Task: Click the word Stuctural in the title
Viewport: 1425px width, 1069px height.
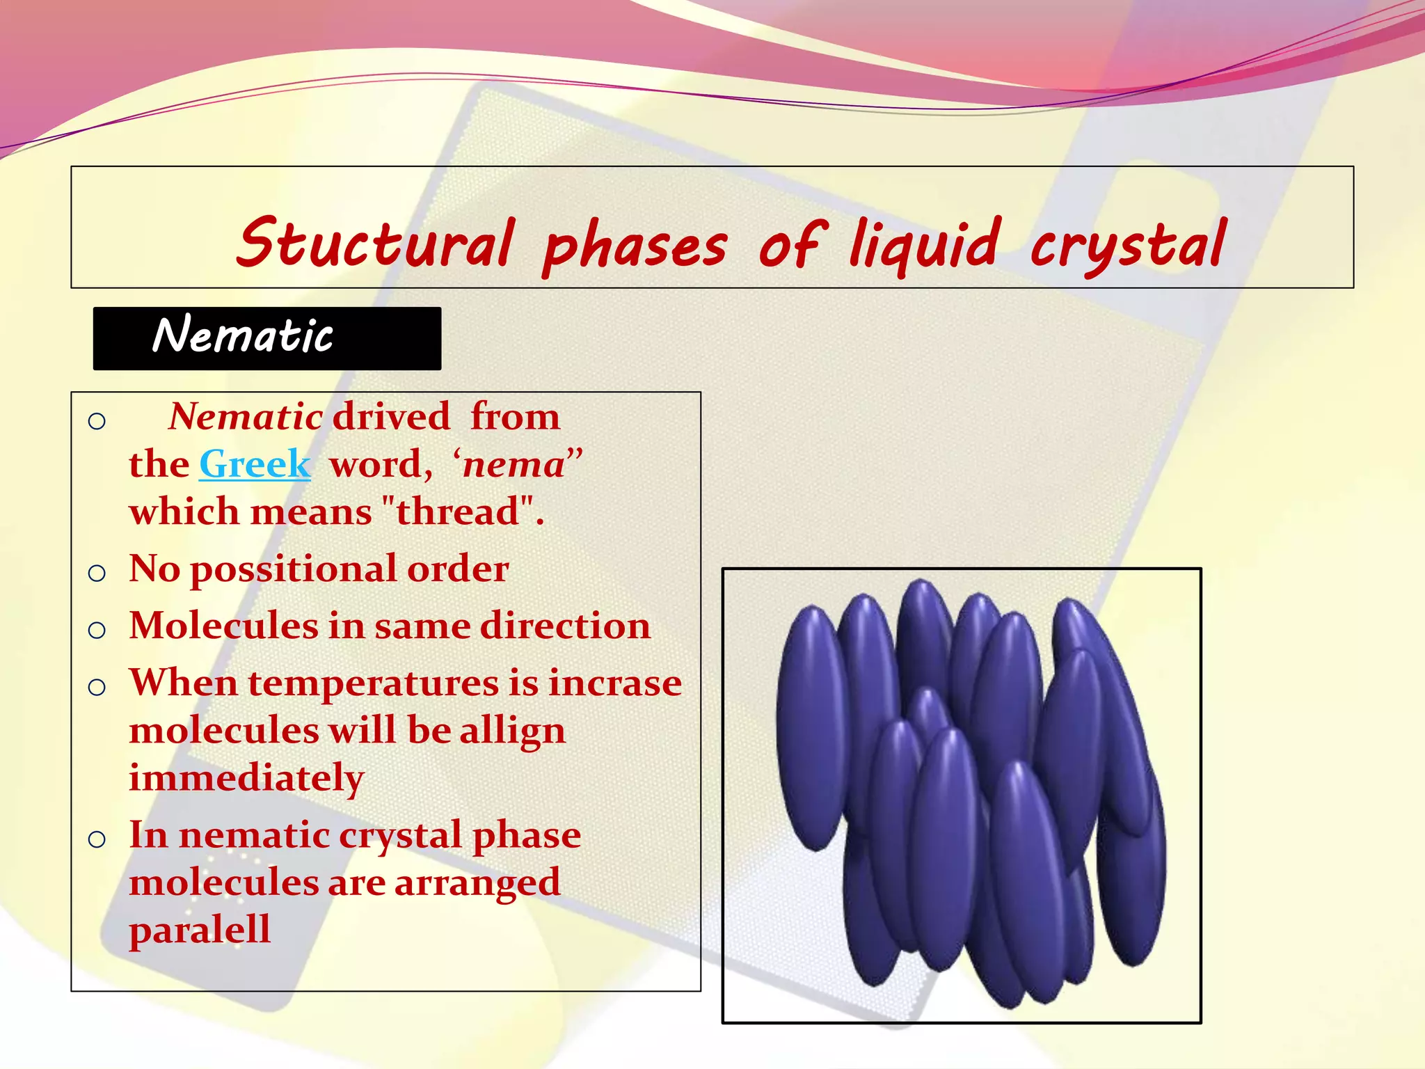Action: tap(376, 244)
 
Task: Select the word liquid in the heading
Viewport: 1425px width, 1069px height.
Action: tap(925, 245)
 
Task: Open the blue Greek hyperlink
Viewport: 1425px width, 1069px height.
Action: tap(255, 464)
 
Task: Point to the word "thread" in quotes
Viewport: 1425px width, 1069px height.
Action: tap(459, 512)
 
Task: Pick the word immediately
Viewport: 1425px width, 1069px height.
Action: tap(246, 777)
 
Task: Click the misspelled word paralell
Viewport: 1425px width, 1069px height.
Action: tap(200, 930)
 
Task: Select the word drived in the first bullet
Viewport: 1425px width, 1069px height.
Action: tap(391, 417)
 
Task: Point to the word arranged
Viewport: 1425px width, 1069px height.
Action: tap(477, 882)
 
